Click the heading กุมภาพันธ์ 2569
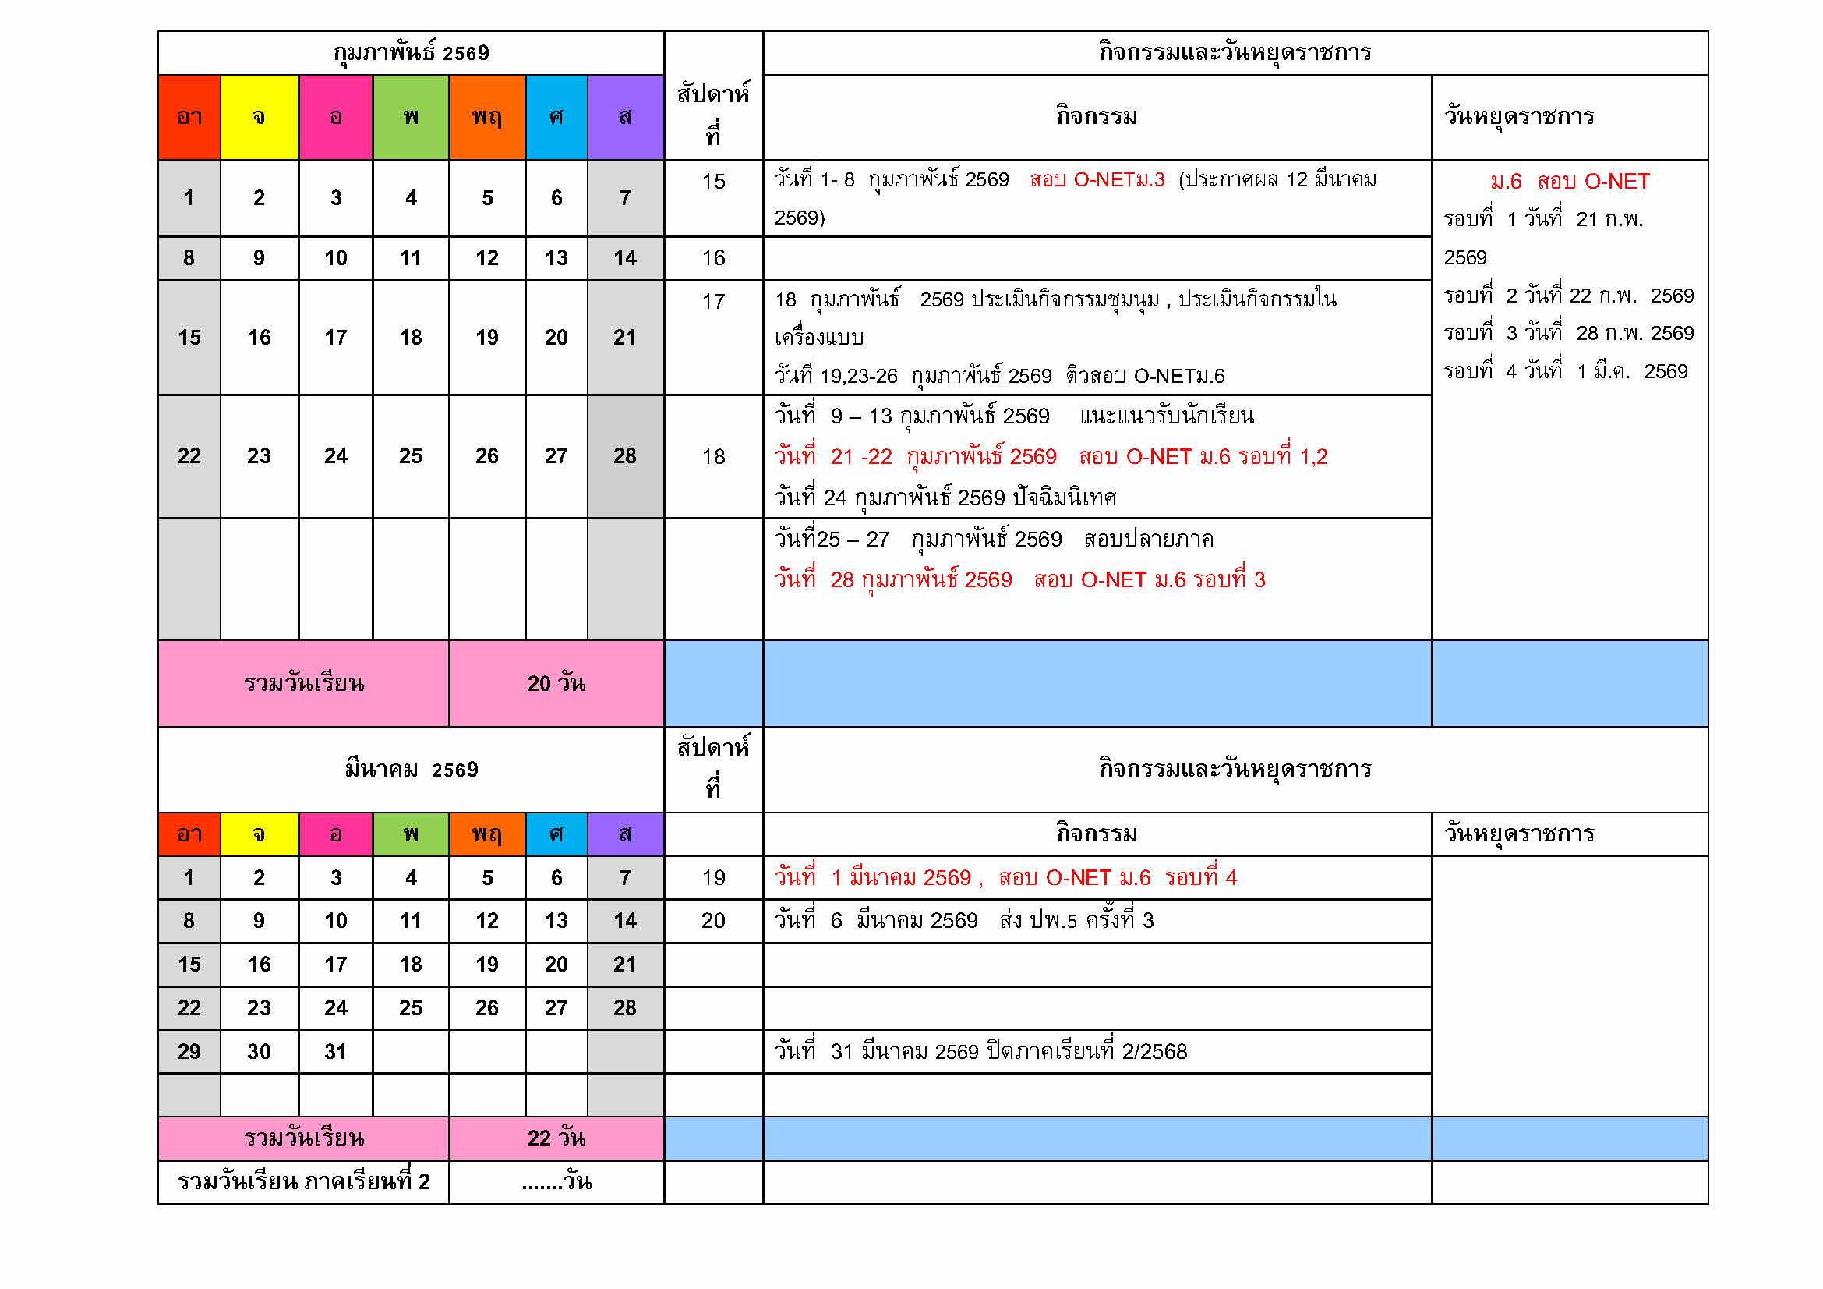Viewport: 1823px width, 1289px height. tap(411, 53)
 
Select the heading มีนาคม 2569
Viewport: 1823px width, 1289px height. tap(411, 769)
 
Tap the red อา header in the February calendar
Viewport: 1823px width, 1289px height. tap(189, 118)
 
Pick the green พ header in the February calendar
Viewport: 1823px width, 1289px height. tap(411, 118)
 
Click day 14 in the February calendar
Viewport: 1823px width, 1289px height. tap(625, 258)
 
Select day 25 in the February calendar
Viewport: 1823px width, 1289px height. tap(411, 456)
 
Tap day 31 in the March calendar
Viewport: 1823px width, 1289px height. tap(335, 1051)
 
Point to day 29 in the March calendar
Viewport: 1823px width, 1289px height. tap(189, 1051)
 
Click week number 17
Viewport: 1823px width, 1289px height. tap(713, 302)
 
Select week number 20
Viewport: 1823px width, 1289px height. tap(713, 920)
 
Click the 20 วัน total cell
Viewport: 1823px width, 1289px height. tap(556, 683)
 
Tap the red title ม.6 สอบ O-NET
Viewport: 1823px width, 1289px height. tap(1569, 182)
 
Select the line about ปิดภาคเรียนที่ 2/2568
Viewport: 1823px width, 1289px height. tap(980, 1051)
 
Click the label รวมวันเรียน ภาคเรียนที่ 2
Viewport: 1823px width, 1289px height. tap(303, 1182)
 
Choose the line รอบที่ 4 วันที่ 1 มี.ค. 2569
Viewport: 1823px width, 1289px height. tap(1565, 372)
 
